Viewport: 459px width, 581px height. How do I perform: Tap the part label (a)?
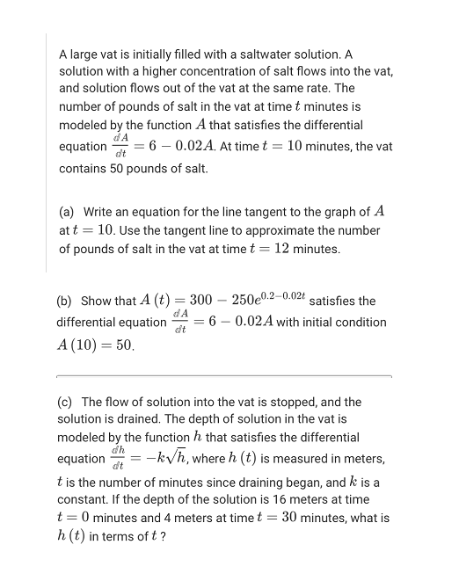click(67, 212)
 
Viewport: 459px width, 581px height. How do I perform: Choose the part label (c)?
click(67, 402)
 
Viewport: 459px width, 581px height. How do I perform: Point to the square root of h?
click(181, 458)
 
